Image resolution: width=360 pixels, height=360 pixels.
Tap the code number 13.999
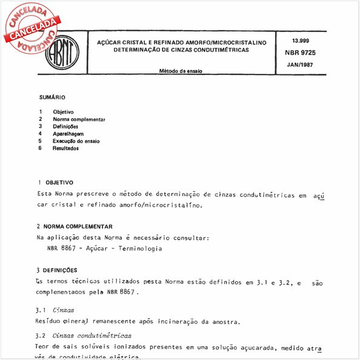[x=300, y=41]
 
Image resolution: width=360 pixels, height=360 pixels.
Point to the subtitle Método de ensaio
[x=180, y=71]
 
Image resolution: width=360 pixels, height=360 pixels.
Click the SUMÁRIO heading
[x=52, y=97]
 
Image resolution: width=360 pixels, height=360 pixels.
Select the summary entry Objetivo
[x=63, y=112]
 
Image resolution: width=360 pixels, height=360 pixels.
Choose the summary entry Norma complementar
[x=79, y=119]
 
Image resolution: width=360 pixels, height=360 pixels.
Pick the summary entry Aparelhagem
[x=68, y=134]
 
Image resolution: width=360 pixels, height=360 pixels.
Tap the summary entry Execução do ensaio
[x=76, y=141]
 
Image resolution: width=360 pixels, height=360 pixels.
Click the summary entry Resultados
[x=66, y=148]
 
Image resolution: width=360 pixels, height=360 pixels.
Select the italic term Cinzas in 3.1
[x=64, y=310]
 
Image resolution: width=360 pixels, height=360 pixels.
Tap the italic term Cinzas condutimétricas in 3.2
[x=93, y=335]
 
